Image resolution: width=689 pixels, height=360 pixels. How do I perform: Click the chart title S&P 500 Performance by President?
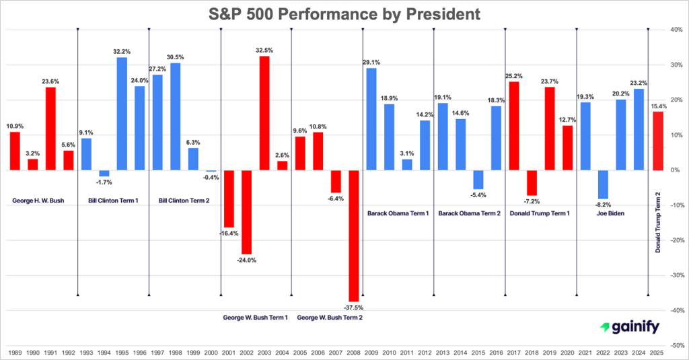pos(344,13)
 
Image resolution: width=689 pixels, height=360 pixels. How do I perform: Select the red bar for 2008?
pos(353,236)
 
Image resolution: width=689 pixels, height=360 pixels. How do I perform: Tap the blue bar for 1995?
pos(122,114)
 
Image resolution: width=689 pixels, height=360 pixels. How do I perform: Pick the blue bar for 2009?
pos(371,119)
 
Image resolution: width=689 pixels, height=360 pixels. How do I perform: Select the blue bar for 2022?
pos(604,184)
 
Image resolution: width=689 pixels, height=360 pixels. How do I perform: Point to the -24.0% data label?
pos(246,260)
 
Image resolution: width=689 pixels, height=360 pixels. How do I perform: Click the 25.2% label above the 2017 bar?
pos(514,75)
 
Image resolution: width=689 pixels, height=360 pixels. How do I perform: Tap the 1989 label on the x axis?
pos(14,353)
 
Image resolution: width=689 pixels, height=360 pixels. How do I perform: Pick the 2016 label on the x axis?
pos(496,353)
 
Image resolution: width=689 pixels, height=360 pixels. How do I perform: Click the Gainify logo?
pos(629,327)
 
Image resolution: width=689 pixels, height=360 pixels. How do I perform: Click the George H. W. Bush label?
pos(38,201)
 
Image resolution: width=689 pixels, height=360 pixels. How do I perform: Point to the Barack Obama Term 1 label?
pos(398,213)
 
